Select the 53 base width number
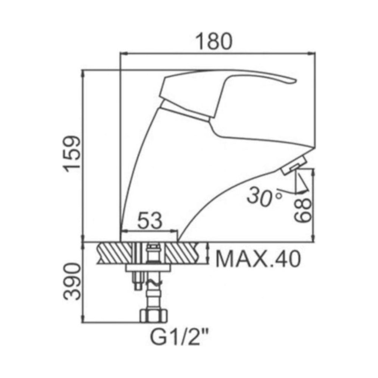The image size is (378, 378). click(149, 221)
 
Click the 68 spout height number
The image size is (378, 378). click(303, 210)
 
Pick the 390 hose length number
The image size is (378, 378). click(72, 282)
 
